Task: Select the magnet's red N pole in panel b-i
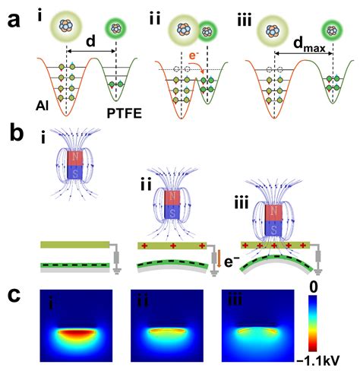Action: tap(75, 158)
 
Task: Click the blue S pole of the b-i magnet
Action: tap(75, 173)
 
